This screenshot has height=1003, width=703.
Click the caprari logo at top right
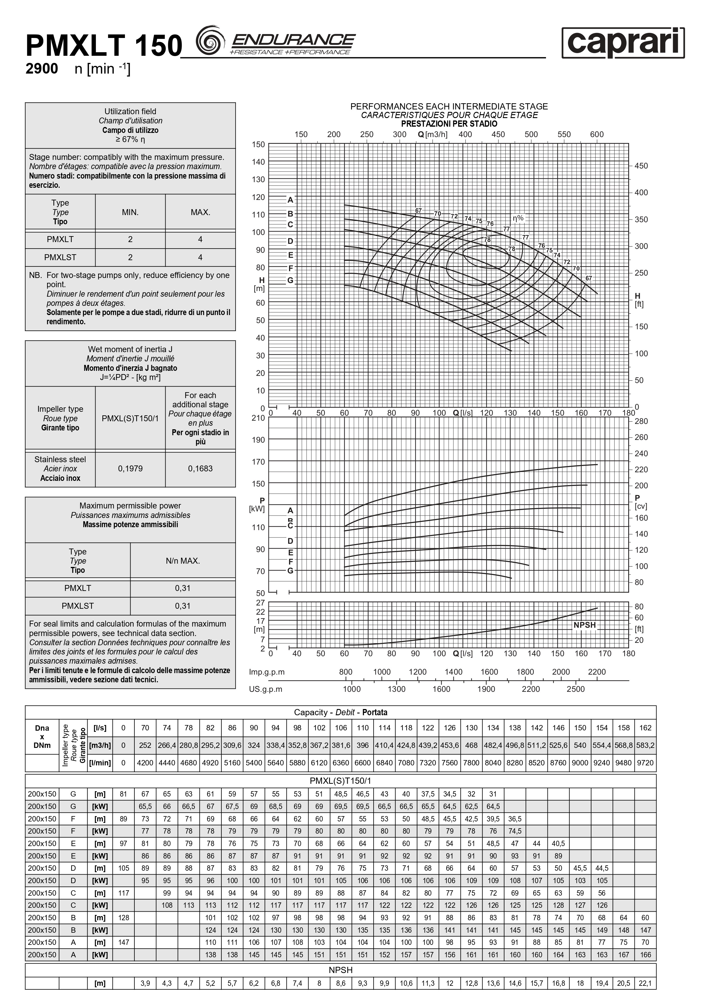[x=623, y=43]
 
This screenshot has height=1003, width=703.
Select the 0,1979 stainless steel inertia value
[x=130, y=469]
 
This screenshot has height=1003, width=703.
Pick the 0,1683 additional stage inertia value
[x=200, y=469]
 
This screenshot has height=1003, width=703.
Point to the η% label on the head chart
[x=518, y=218]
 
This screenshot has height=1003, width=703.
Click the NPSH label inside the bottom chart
[x=585, y=625]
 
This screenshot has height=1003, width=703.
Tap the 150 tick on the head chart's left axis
[x=258, y=144]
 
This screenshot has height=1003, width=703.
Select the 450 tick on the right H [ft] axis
[x=641, y=166]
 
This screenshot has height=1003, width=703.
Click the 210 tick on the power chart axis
[x=258, y=418]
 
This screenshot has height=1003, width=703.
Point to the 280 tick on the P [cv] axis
[x=641, y=422]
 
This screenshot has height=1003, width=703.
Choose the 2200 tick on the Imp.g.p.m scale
[x=596, y=672]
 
